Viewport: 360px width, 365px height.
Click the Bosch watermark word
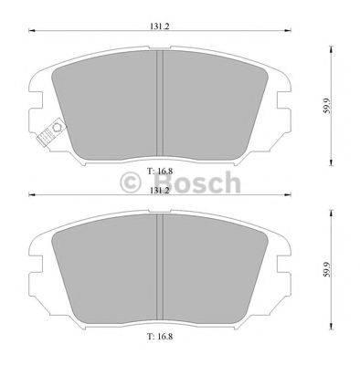pos(196,183)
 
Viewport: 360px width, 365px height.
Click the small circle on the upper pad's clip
pos(51,128)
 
